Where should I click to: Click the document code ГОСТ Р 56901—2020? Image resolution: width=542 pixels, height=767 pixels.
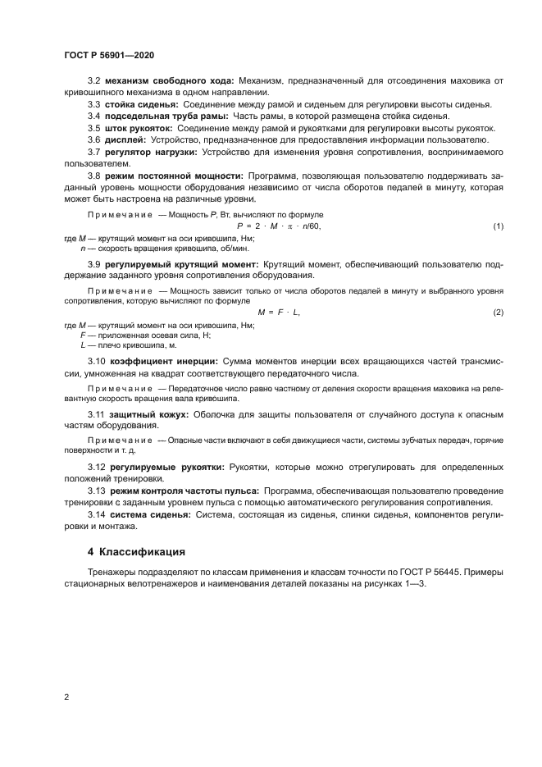[x=109, y=55]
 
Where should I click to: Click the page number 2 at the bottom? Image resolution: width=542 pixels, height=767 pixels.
[x=66, y=697]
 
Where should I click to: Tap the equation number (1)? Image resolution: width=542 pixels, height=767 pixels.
[x=498, y=226]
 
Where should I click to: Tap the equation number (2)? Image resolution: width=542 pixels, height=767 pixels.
[x=498, y=313]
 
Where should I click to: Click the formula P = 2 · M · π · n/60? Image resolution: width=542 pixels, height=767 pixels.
[x=278, y=226]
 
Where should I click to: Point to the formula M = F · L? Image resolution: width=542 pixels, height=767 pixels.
[x=279, y=313]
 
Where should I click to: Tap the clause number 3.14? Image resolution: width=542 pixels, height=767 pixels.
[x=97, y=514]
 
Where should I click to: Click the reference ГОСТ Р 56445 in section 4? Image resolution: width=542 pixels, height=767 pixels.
[x=445, y=572]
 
